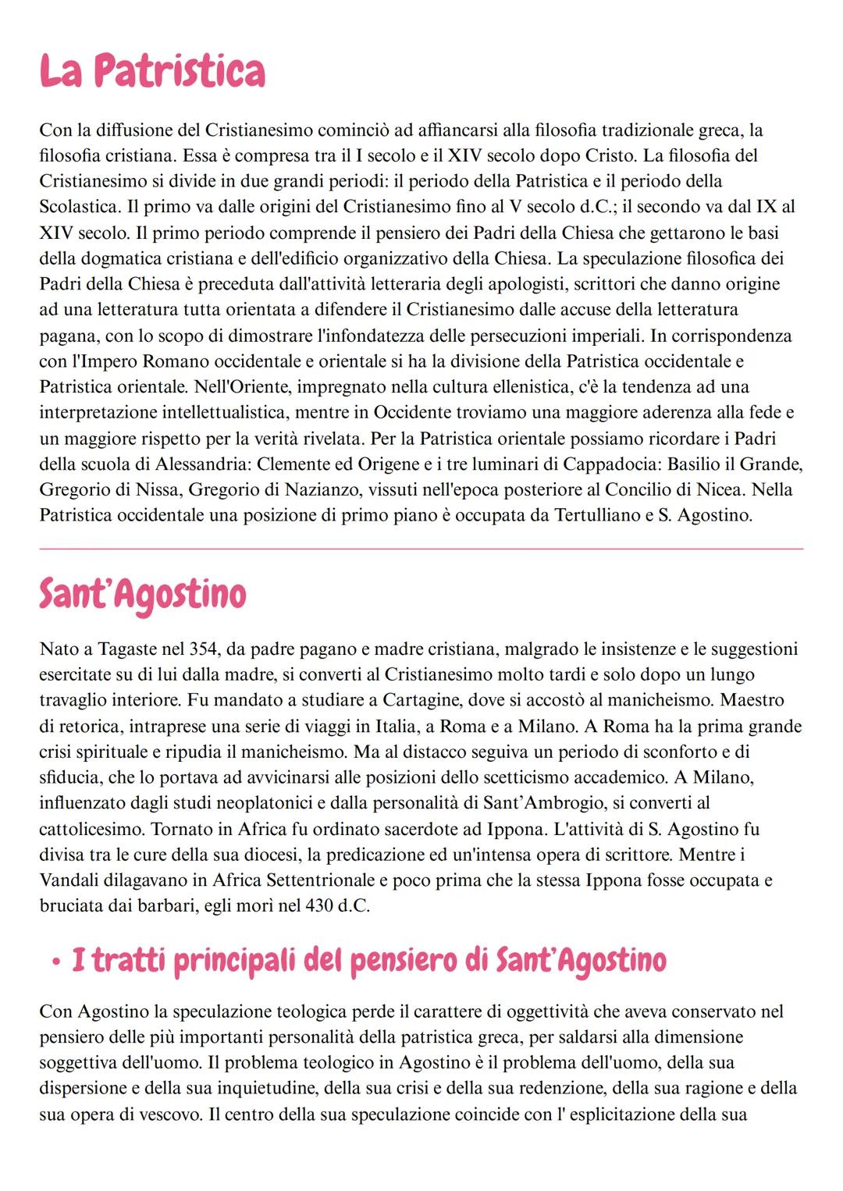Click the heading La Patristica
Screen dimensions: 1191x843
pyautogui.click(x=152, y=72)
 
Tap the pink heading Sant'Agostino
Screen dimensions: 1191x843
pyautogui.click(x=142, y=595)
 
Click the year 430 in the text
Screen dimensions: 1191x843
pyautogui.click(x=320, y=906)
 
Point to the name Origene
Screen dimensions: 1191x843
pyautogui.click(x=388, y=464)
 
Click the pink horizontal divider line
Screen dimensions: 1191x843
pyautogui.click(x=421, y=549)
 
